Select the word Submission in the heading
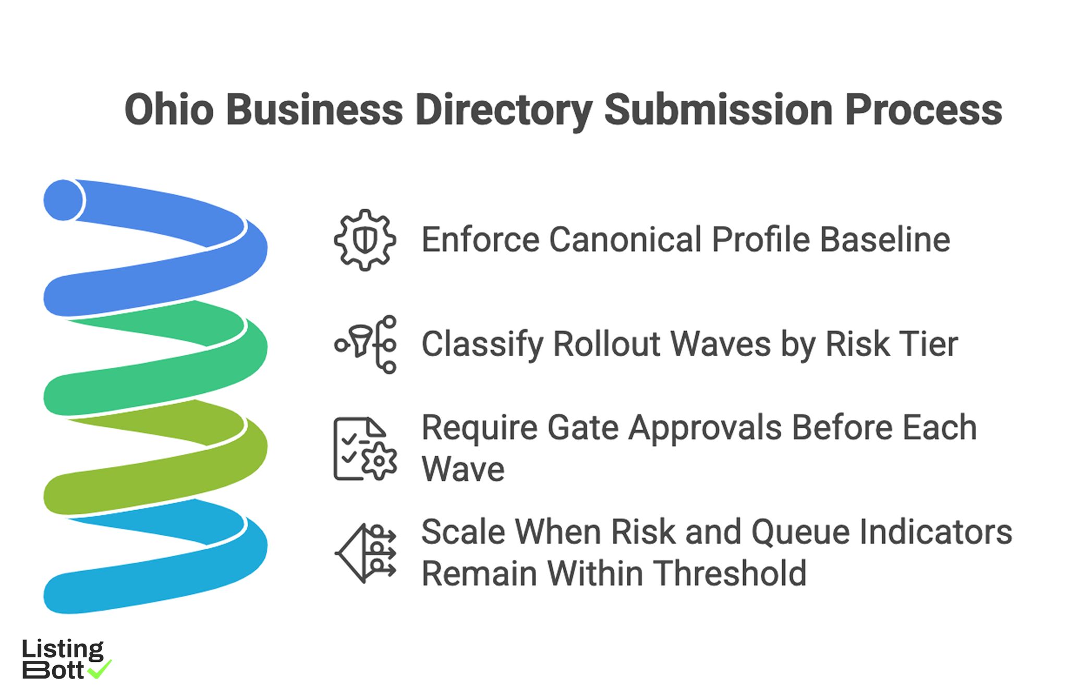(718, 110)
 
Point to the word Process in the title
(923, 110)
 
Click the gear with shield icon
(365, 240)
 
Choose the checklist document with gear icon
(365, 449)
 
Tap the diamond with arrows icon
(365, 553)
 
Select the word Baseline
(885, 240)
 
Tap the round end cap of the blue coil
(63, 200)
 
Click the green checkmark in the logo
(100, 669)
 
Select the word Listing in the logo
(63, 650)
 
